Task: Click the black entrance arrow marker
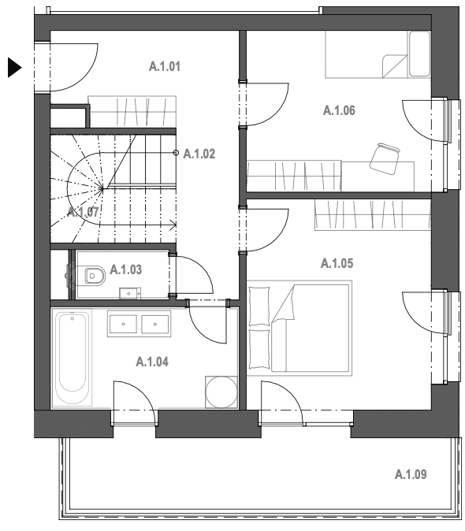14,68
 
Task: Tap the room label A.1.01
165,66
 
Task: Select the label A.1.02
199,154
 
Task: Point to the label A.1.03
126,269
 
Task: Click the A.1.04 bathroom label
152,362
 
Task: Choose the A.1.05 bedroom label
337,263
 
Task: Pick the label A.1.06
339,110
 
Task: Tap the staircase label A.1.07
83,213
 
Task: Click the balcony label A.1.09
411,474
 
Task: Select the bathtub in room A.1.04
73,358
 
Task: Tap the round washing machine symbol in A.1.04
221,392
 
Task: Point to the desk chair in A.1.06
385,158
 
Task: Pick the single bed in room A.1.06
378,54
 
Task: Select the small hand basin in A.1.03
130,293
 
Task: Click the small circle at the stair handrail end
176,153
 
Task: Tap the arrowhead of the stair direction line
173,225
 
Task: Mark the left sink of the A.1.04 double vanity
123,324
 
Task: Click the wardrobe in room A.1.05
373,215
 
